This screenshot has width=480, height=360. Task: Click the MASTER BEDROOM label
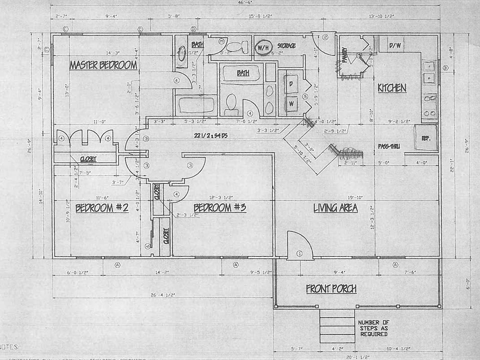coord(103,65)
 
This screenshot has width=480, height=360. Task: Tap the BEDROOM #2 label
coord(102,208)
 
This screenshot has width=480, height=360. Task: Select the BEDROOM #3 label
coord(220,207)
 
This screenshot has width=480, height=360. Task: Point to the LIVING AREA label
coord(335,208)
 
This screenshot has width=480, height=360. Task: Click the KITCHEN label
coord(391,88)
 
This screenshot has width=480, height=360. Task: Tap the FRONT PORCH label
coord(331,288)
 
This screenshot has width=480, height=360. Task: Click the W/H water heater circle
coord(262,48)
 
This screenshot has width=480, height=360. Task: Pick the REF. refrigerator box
coord(425,138)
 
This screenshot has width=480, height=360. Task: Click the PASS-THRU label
coord(391,146)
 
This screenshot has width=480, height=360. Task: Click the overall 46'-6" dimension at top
coord(245,3)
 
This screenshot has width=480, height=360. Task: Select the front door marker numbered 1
coord(299,254)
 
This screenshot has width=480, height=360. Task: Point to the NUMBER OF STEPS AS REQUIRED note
coord(372,328)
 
